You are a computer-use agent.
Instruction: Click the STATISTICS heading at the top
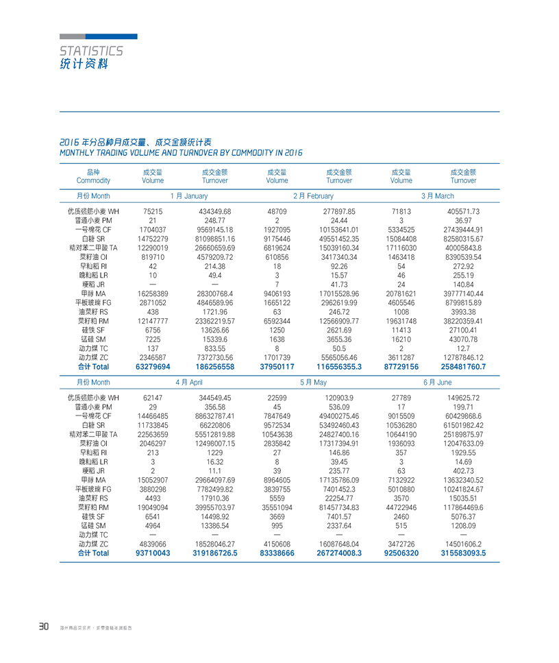[x=91, y=51]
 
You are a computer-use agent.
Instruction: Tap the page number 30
[x=43, y=626]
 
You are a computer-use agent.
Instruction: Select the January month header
[x=184, y=196]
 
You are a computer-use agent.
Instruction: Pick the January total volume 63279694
[x=153, y=367]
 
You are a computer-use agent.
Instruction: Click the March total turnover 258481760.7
[x=463, y=367]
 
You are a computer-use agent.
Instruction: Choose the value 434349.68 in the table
[x=214, y=211]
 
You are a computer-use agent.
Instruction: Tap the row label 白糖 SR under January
[x=92, y=238]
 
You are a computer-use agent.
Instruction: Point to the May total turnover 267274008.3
[x=339, y=553]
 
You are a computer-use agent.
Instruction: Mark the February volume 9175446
[x=277, y=238]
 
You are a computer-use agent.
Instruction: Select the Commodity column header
[x=93, y=180]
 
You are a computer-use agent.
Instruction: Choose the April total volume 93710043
[x=153, y=553]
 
